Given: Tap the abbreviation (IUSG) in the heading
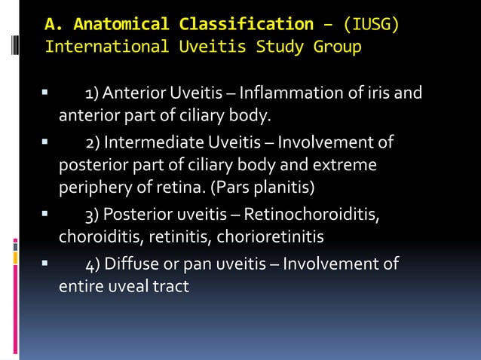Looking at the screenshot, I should click(371, 23).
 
